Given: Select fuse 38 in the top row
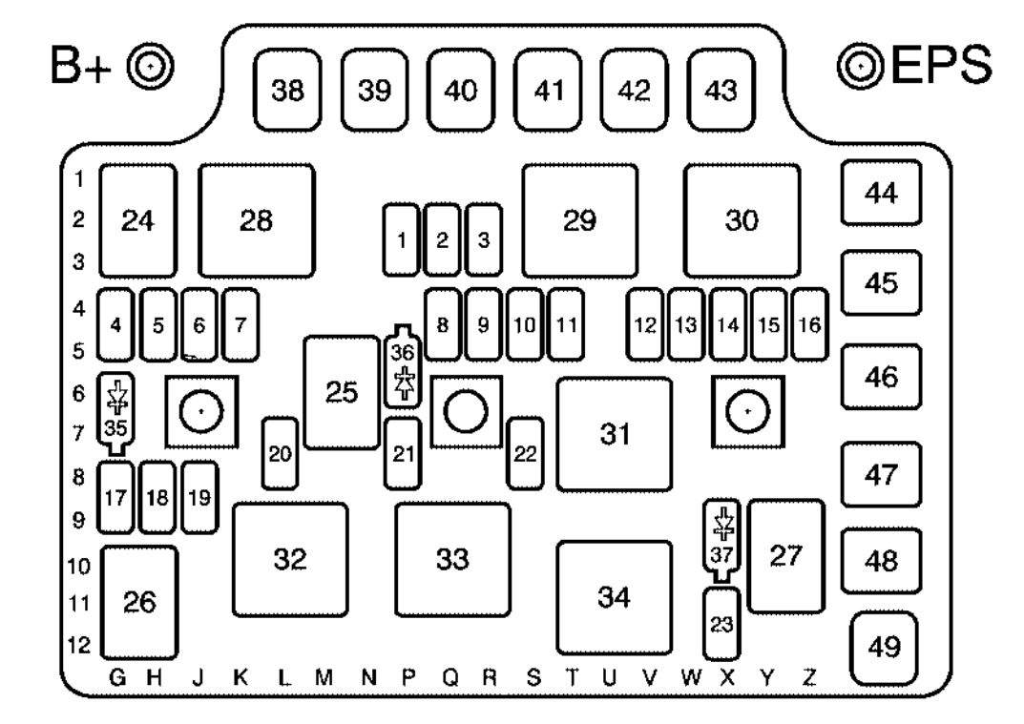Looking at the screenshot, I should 283,92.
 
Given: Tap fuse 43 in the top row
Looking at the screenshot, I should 721,92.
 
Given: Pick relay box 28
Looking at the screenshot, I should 256,220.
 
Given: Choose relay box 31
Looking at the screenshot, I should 614,434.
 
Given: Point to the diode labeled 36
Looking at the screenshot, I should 403,368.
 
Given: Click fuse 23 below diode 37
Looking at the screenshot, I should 721,625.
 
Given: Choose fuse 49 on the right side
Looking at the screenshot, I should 883,648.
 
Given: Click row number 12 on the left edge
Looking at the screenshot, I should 82,646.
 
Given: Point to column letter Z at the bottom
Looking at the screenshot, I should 809,678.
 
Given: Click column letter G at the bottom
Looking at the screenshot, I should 117,678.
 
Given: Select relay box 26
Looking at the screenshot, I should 139,602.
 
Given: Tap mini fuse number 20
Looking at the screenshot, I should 279,453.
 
